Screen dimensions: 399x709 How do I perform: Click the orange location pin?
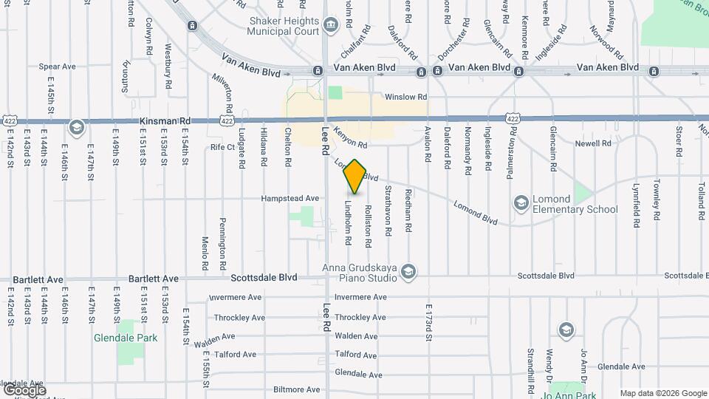tap(355, 177)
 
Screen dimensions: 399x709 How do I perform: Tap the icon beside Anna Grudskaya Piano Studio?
tap(408, 273)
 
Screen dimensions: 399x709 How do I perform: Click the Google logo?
tap(24, 390)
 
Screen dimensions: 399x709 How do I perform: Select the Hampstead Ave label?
tap(290, 198)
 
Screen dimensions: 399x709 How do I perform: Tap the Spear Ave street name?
tap(58, 66)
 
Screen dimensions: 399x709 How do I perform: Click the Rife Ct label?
tap(222, 147)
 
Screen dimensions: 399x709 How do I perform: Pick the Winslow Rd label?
tap(405, 97)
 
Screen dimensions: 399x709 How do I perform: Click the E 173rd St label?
tap(428, 323)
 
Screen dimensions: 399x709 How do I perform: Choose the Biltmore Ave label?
tap(297, 389)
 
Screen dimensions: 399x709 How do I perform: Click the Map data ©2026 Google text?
tap(662, 393)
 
